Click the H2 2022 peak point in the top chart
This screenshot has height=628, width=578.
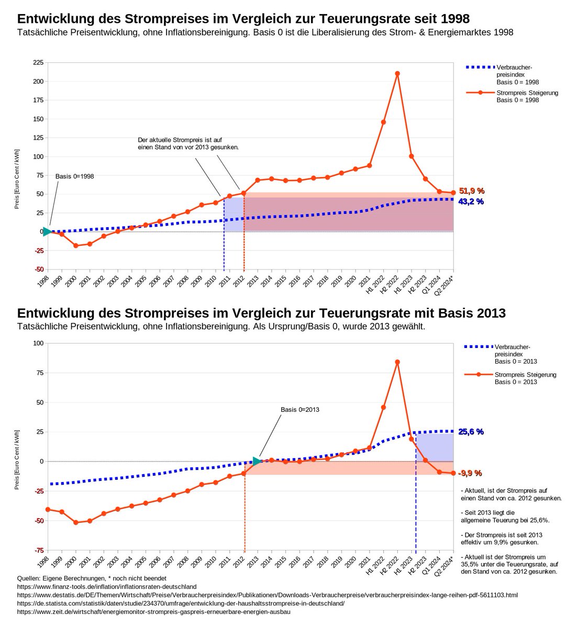pos(397,73)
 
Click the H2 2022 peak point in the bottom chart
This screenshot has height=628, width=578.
pos(397,362)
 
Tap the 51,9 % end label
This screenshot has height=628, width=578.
pos(471,191)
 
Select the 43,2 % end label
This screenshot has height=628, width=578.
pos(471,201)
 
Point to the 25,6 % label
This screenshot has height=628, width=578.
pos(471,432)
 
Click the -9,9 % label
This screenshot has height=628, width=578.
pos(470,473)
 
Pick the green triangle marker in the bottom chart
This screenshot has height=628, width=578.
pos(257,461)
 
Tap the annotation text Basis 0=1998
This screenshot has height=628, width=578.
pos(74,176)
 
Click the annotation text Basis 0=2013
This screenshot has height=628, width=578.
pos(300,409)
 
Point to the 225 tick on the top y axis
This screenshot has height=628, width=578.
pos(38,62)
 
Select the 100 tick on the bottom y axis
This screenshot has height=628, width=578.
pos(38,343)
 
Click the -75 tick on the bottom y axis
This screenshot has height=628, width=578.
pos(38,550)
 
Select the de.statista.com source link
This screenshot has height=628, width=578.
pos(181,603)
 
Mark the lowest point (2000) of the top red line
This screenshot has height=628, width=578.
pos(76,245)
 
